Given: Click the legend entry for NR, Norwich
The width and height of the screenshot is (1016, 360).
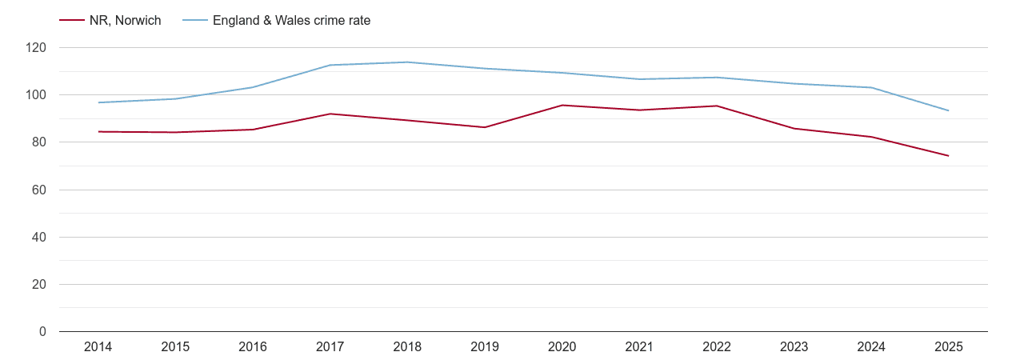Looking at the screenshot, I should click(125, 21).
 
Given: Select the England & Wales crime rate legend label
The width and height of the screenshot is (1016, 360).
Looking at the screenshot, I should click(291, 21).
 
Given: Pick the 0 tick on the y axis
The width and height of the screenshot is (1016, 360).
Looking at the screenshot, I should click(43, 332).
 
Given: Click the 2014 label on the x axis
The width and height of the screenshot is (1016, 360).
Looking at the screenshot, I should click(98, 347).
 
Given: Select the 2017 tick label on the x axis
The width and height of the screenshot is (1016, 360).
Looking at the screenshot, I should click(330, 347).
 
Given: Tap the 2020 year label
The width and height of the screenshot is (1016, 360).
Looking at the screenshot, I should click(562, 347).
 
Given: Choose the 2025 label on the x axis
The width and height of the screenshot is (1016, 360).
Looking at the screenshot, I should click(949, 347).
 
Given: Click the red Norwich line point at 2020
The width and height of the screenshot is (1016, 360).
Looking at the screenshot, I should click(562, 106).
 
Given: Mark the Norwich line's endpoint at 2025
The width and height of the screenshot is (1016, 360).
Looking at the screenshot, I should click(949, 156).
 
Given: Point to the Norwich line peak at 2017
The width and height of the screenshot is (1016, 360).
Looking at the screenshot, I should click(330, 114).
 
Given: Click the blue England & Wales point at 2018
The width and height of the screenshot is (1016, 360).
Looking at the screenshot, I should click(408, 62).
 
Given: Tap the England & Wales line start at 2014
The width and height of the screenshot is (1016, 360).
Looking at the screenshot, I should click(98, 102).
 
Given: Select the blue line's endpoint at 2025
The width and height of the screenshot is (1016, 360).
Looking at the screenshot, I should click(949, 110).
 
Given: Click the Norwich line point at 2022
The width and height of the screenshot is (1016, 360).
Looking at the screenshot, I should click(717, 106).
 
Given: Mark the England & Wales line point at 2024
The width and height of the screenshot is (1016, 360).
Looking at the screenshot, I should click(871, 87).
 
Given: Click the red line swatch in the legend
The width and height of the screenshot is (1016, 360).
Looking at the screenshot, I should click(72, 21).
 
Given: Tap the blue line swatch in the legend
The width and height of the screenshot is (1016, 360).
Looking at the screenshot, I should click(195, 21).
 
